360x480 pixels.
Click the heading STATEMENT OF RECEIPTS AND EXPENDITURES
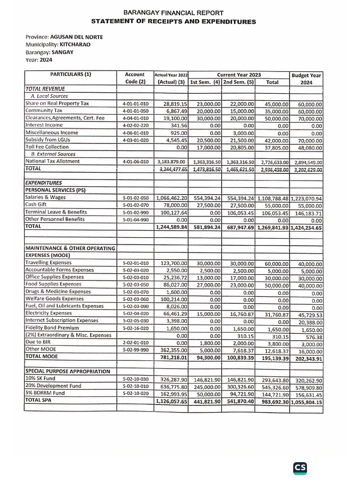point(173,22)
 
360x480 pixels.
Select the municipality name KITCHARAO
point(75,45)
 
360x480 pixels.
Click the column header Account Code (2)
point(135,78)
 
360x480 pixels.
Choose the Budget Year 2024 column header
point(307,78)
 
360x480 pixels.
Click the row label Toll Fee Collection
point(47,147)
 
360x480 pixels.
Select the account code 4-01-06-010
point(135,161)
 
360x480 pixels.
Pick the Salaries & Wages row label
point(45,197)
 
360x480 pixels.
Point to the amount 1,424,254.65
point(306,228)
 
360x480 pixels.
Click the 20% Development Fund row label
point(53,386)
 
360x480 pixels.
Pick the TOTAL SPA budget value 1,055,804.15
point(306,402)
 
